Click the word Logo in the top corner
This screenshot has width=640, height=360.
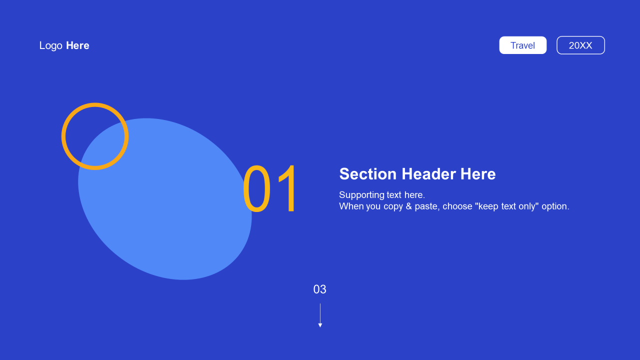coord(51,45)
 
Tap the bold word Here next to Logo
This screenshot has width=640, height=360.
coord(77,45)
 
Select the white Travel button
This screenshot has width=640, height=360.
coord(523,45)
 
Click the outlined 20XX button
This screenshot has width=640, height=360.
coord(580,45)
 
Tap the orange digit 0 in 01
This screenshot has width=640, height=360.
coord(256,189)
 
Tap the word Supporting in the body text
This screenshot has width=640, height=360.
coord(361,195)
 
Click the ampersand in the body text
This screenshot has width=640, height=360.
coord(409,206)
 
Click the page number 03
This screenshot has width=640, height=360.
coord(319,289)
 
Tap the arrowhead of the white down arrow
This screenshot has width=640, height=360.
coord(320,325)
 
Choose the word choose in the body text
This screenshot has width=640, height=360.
coord(457,206)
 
